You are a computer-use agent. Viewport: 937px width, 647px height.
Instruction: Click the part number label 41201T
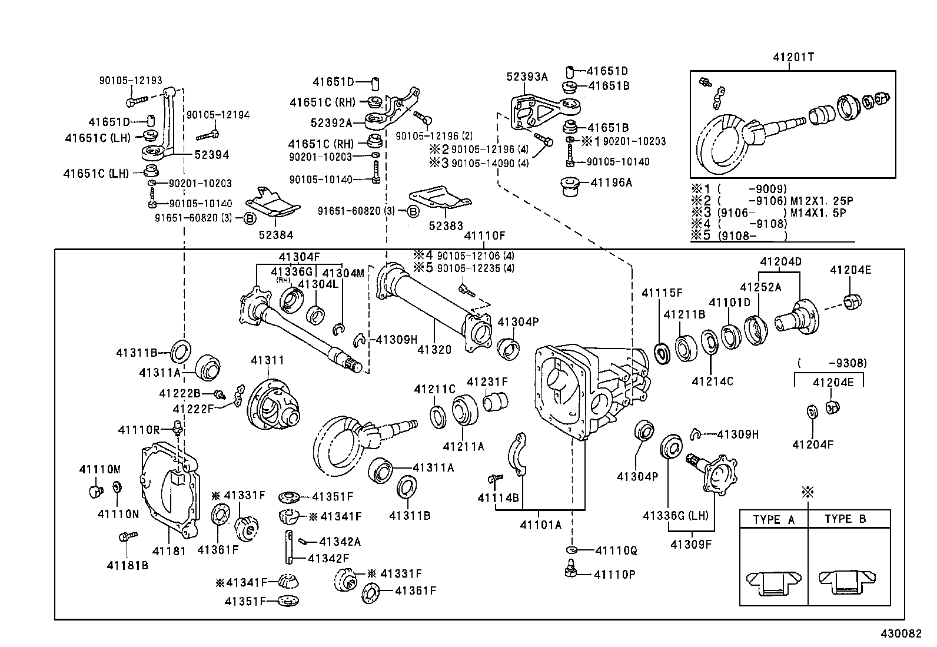[x=793, y=57]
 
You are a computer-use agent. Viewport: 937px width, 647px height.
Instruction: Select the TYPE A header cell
[x=773, y=519]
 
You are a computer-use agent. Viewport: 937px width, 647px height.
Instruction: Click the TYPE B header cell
[x=845, y=519]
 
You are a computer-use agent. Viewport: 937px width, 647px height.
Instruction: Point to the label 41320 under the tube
[x=434, y=350]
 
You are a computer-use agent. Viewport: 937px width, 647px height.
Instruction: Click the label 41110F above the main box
[x=484, y=235]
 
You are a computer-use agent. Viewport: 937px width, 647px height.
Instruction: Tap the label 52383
[x=446, y=225]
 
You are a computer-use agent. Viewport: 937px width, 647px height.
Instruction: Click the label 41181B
[x=127, y=565]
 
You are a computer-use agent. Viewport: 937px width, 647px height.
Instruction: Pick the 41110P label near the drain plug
[x=614, y=574]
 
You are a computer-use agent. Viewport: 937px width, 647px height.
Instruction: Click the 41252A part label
[x=760, y=287]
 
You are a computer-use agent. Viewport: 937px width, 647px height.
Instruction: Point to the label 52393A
[x=527, y=77]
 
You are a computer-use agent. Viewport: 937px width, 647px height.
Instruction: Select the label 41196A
[x=611, y=183]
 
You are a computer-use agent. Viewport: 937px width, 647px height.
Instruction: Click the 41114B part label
[x=498, y=498]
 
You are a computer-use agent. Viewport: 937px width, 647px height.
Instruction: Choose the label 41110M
[x=100, y=469]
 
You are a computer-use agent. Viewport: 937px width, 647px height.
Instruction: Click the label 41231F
[x=487, y=382]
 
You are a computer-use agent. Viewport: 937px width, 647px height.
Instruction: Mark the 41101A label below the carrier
[x=540, y=524]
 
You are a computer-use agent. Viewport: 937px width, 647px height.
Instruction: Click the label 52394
[x=211, y=155]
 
